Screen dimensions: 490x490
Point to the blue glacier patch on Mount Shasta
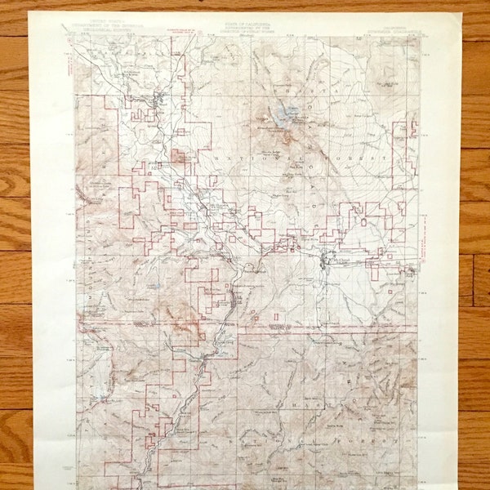[287, 113]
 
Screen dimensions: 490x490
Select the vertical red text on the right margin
[424, 245]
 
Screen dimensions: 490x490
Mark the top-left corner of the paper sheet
[31, 12]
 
